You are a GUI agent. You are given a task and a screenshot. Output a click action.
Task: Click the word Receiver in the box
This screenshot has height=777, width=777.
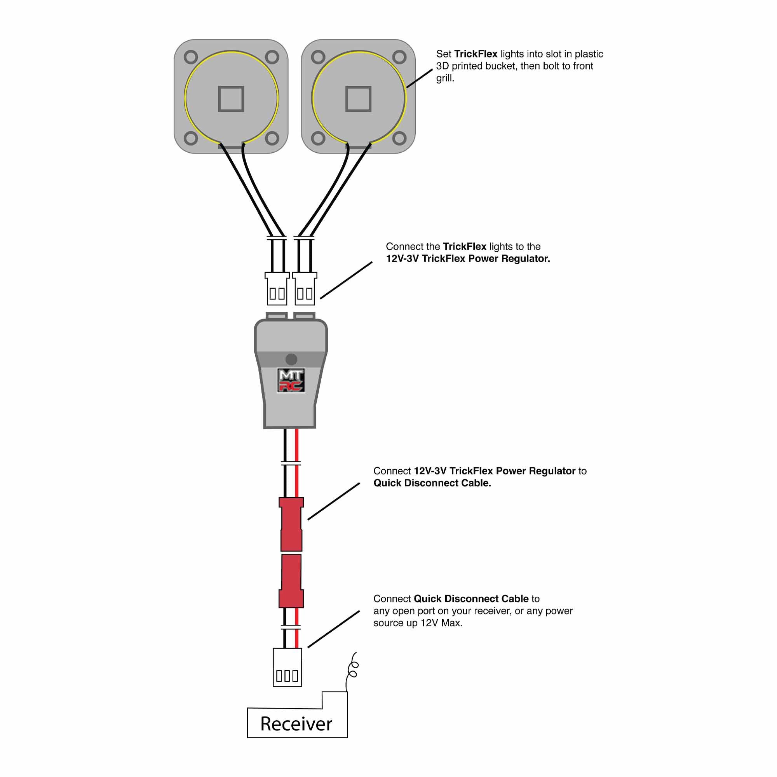point(296,724)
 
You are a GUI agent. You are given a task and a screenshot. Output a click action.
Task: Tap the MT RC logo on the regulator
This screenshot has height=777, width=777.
point(291,380)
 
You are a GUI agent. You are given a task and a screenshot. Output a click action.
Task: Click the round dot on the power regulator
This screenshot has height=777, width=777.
point(291,359)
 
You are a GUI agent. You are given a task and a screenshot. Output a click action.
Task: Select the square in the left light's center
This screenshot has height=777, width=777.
point(231,99)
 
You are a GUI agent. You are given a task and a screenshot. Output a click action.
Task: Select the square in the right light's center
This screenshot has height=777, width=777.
point(358,99)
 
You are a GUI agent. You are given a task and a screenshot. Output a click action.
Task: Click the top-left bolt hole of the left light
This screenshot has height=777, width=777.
point(191,57)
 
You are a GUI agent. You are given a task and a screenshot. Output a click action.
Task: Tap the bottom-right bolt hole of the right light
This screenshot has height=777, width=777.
point(399,139)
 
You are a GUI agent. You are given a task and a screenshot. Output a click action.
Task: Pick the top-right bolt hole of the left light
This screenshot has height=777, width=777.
point(272,57)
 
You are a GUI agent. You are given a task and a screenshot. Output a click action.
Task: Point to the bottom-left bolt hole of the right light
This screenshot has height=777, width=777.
point(318,139)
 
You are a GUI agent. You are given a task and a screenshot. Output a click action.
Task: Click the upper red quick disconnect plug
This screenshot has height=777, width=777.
point(291,524)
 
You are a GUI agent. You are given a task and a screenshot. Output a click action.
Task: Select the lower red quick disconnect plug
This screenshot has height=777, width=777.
point(291,581)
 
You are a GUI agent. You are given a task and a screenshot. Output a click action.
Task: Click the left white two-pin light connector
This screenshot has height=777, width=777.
point(277,289)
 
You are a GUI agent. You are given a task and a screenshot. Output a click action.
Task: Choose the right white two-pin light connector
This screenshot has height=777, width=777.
point(305,289)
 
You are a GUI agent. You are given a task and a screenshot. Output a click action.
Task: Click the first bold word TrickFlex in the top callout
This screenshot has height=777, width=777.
point(476,54)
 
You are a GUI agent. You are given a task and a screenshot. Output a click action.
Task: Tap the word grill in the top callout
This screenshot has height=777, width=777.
point(444,78)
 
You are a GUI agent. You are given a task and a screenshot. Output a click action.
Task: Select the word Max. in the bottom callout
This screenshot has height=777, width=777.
point(452,623)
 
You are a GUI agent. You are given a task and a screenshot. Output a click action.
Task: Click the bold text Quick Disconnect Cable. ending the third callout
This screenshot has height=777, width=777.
point(432,483)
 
